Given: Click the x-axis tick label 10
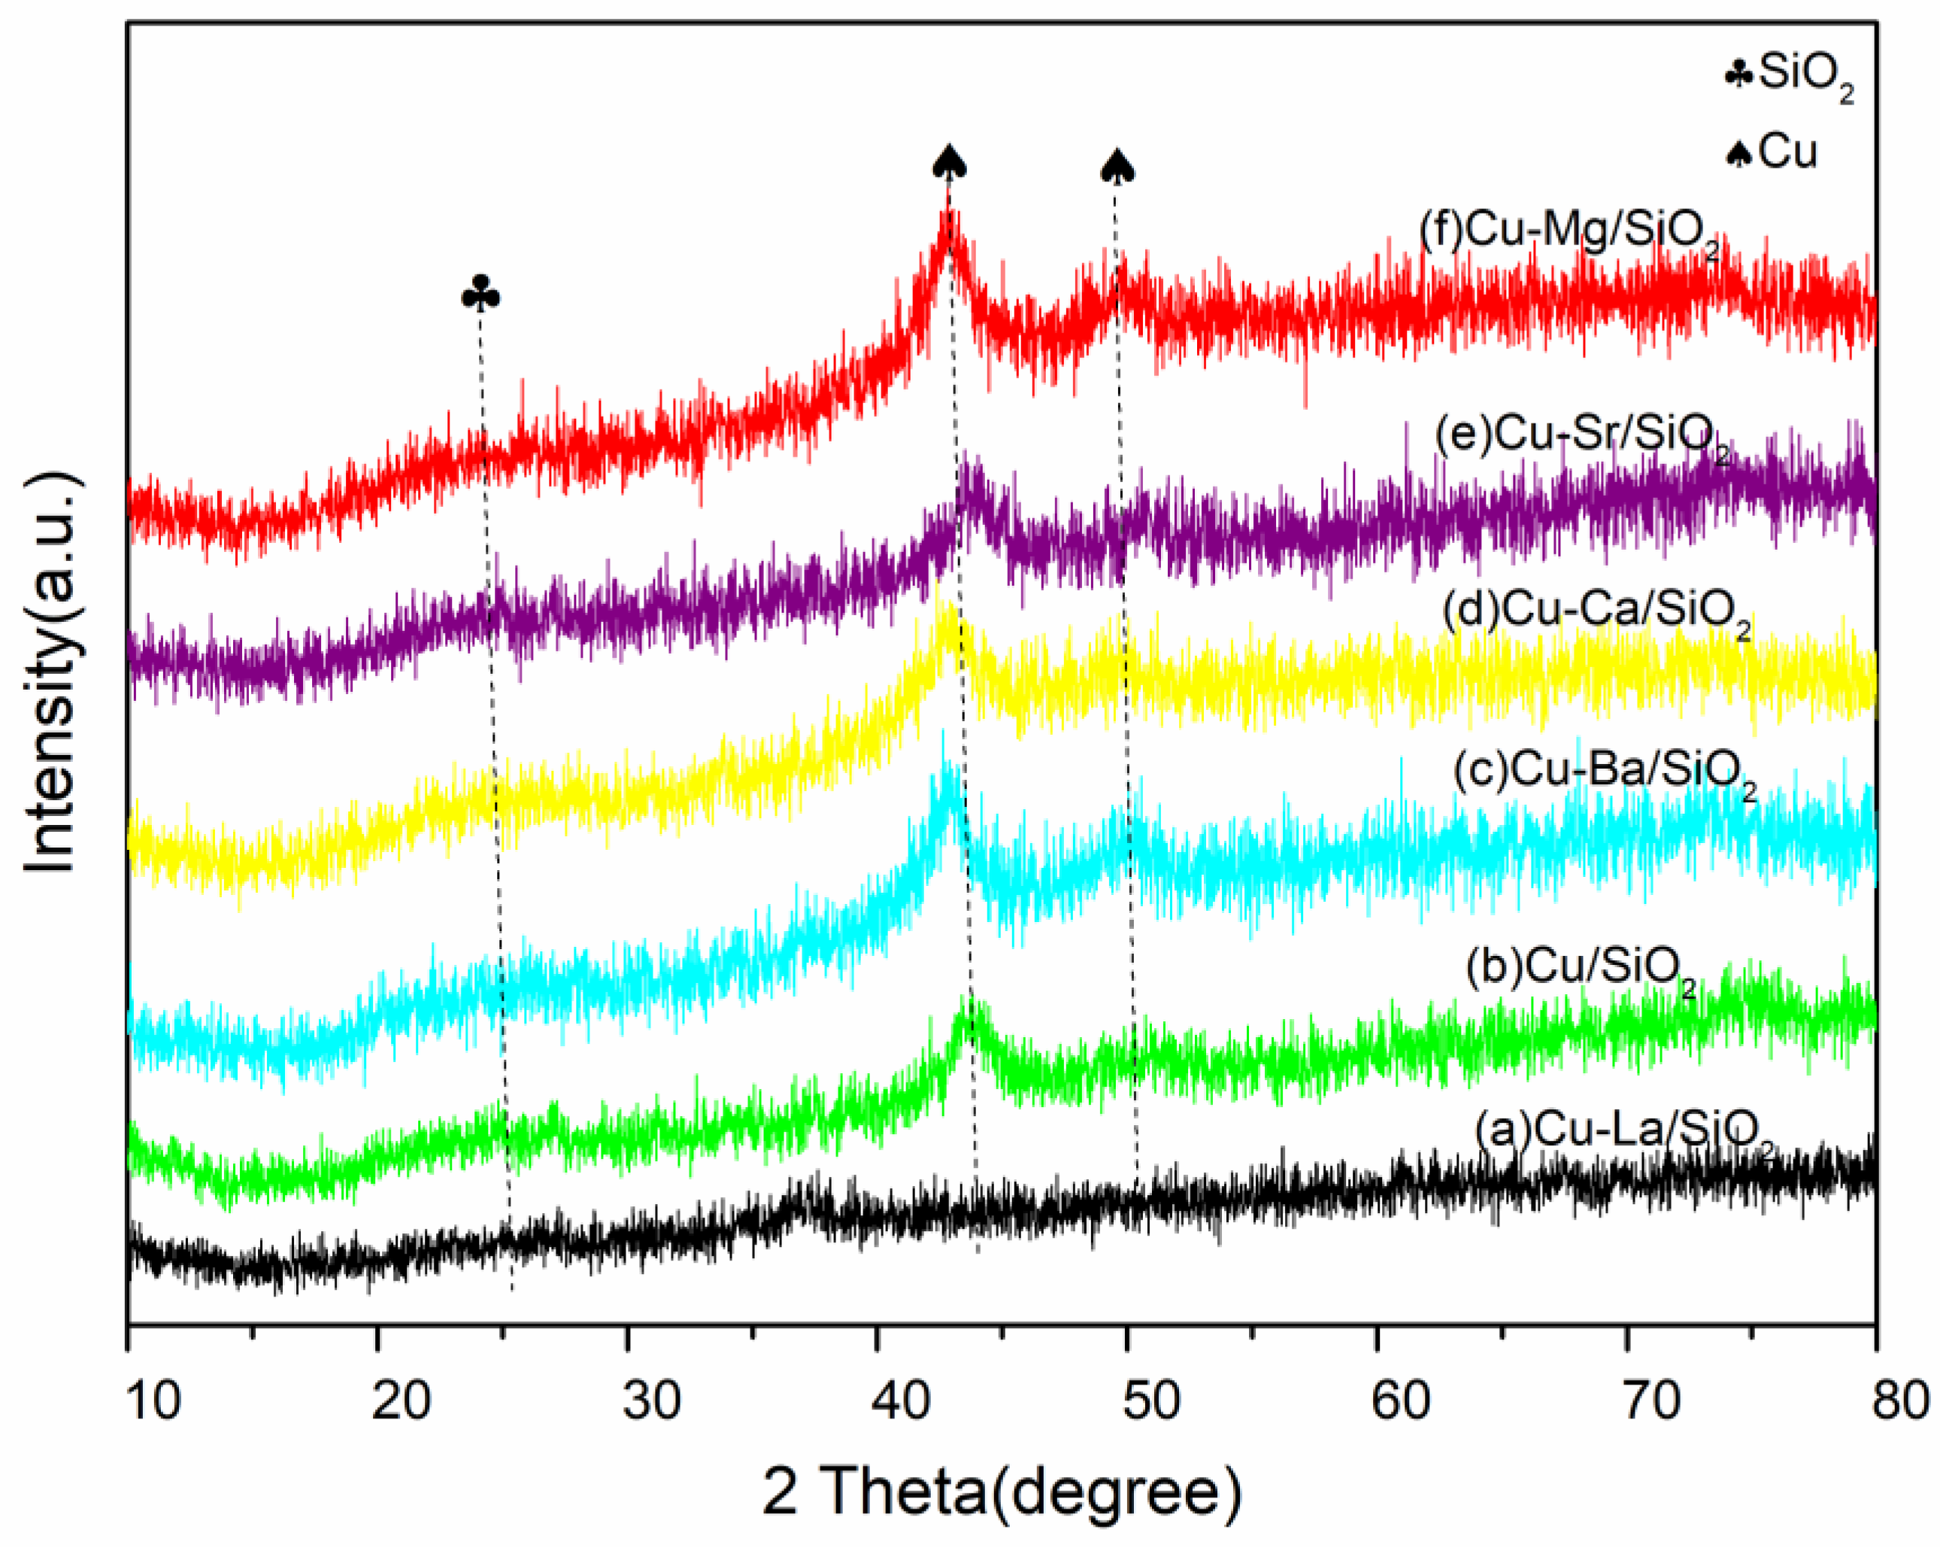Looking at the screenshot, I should pyautogui.click(x=153, y=1401).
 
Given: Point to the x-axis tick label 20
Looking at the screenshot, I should pyautogui.click(x=401, y=1401).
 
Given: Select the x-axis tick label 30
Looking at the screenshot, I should pyautogui.click(x=650, y=1401).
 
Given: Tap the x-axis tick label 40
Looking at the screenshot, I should pyautogui.click(x=901, y=1401).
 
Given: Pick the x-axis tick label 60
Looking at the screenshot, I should pyautogui.click(x=1401, y=1401).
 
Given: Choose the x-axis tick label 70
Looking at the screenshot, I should pyautogui.click(x=1651, y=1401).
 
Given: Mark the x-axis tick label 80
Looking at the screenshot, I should pyautogui.click(x=1900, y=1401).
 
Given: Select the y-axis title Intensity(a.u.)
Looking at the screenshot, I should pyautogui.click(x=51, y=670).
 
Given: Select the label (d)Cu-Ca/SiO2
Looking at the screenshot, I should pyautogui.click(x=1596, y=613).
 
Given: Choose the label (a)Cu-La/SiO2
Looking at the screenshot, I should pyautogui.click(x=1625, y=1132).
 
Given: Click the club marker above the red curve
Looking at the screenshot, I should pyautogui.click(x=480, y=293).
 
